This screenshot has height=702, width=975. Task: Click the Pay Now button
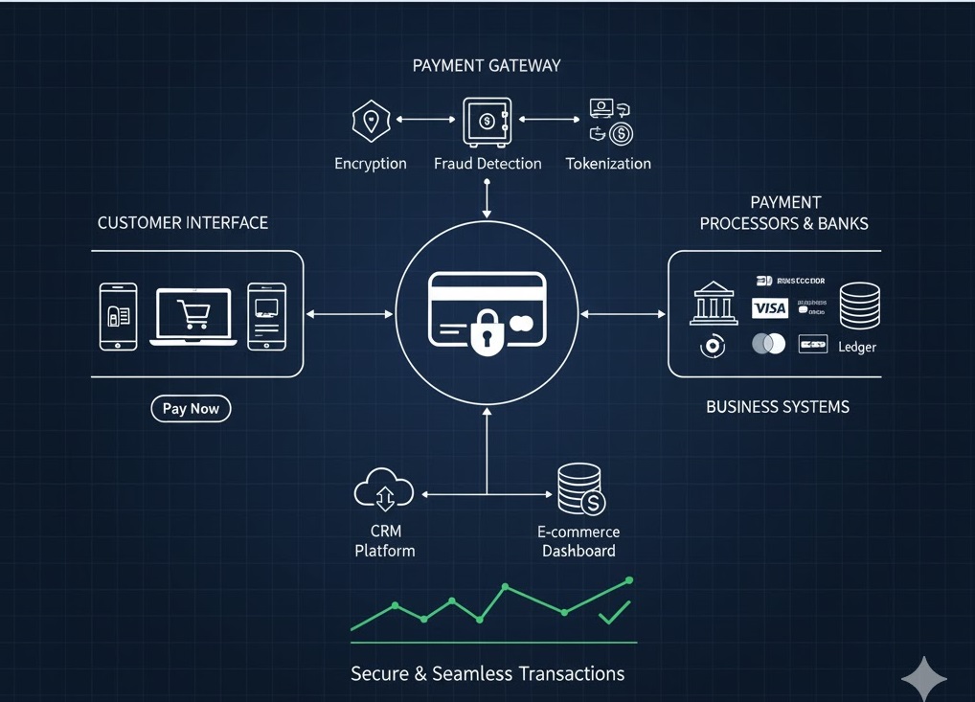[191, 409]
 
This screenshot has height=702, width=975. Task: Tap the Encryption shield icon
[371, 122]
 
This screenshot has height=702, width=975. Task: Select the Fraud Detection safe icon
[487, 122]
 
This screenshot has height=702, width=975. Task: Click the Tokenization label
[608, 164]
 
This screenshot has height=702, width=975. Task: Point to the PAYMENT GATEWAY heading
[487, 66]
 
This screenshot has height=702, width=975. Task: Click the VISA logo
[769, 307]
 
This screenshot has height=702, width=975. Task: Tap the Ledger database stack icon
[859, 306]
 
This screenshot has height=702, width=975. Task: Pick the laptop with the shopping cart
[193, 316]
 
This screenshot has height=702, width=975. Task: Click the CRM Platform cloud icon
[383, 489]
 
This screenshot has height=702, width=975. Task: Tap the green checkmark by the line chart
[614, 613]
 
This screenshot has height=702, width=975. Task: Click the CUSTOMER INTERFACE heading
[183, 223]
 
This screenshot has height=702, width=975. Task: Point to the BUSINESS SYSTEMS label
[777, 407]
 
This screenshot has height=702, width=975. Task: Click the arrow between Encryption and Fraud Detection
[425, 120]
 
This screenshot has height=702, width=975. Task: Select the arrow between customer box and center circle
[349, 314]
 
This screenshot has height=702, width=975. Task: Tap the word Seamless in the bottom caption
[472, 673]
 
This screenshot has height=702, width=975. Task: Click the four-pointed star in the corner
[923, 679]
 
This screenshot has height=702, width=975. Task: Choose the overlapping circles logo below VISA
[768, 344]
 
